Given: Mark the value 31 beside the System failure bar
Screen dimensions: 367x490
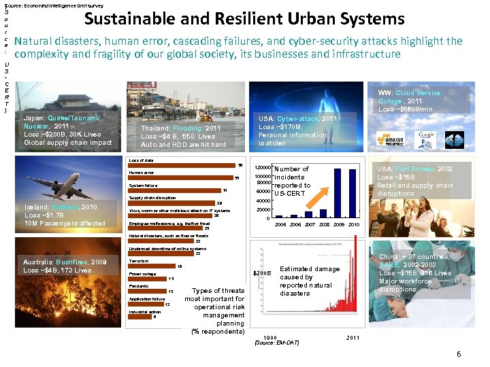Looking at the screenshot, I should pyautogui.click(x=225, y=190).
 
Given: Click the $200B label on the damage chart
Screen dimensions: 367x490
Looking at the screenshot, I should pyautogui.click(x=262, y=274).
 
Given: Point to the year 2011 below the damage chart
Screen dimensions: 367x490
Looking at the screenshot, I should pyautogui.click(x=353, y=338).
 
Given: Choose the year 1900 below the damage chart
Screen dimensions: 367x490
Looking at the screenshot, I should pyautogui.click(x=270, y=338).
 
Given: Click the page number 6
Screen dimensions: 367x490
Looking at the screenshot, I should pyautogui.click(x=459, y=354).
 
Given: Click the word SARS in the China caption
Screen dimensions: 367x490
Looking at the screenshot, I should pyautogui.click(x=390, y=265).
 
